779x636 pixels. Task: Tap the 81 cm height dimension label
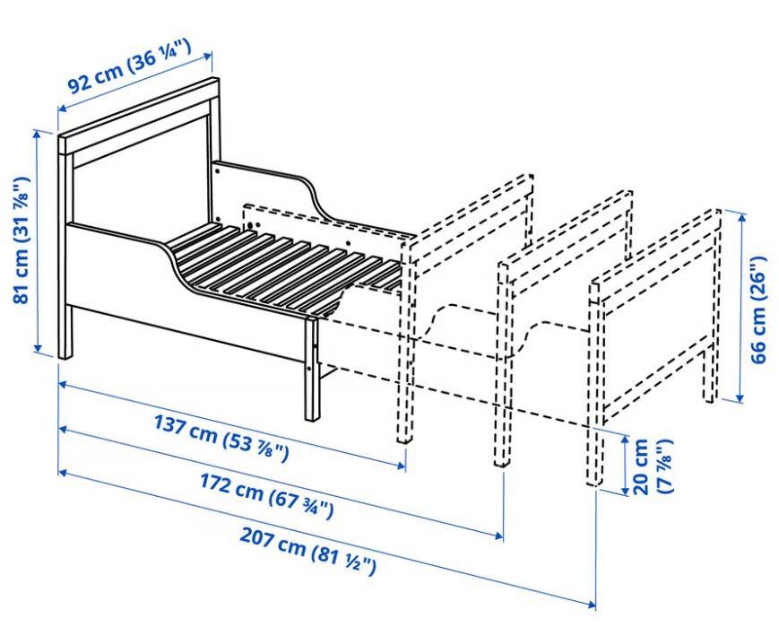22,240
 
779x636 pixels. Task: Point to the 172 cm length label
266,495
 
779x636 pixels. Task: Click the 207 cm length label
308,550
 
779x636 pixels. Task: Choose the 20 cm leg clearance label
653,466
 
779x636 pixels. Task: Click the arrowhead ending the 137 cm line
402,465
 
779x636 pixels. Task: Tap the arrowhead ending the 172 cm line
498,535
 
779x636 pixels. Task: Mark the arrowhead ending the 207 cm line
592,605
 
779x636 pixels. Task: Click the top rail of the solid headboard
138,114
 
